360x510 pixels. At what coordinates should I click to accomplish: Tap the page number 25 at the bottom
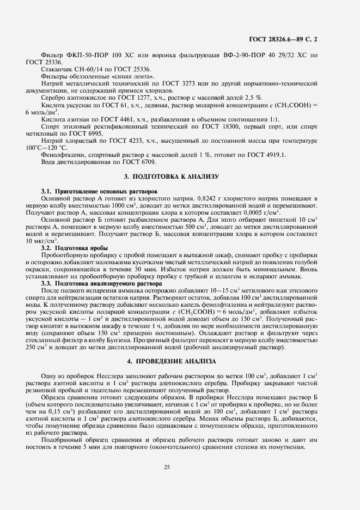(x=180, y=465)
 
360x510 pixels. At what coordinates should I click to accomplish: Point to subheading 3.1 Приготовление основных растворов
(x=99, y=192)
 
